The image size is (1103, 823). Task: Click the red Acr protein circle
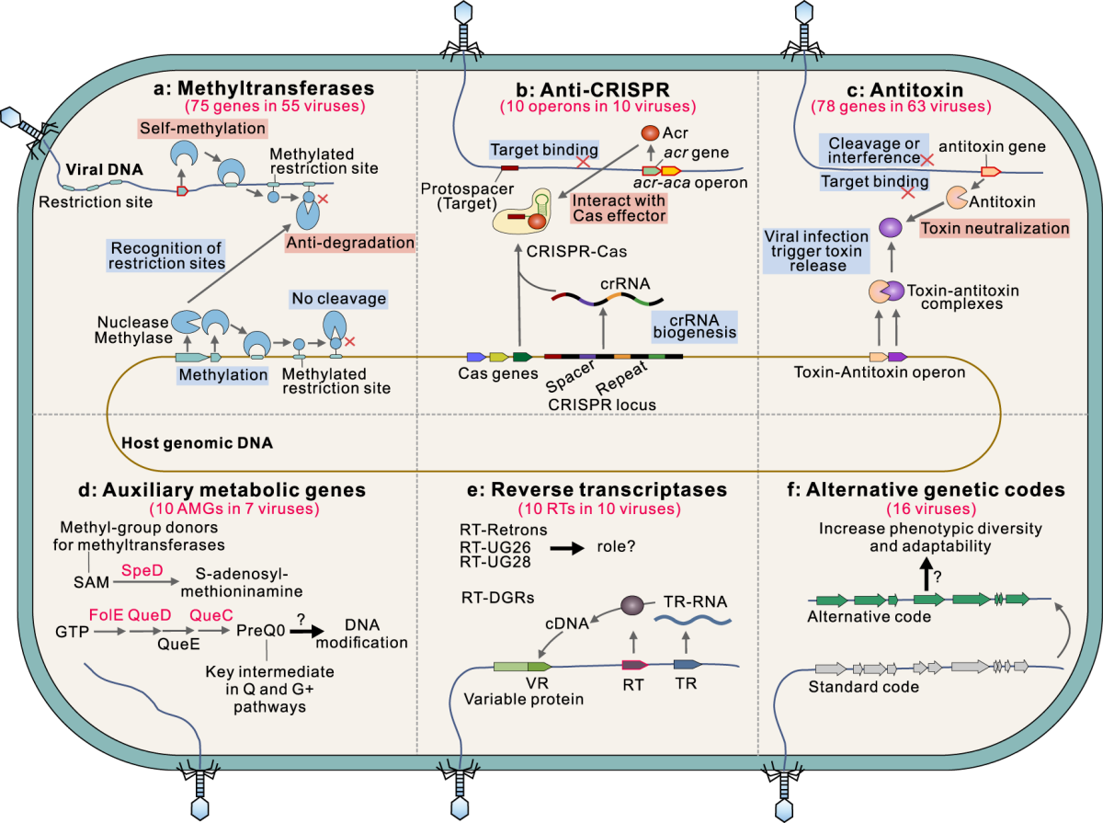(650, 133)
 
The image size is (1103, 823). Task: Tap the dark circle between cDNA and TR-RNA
(632, 605)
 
